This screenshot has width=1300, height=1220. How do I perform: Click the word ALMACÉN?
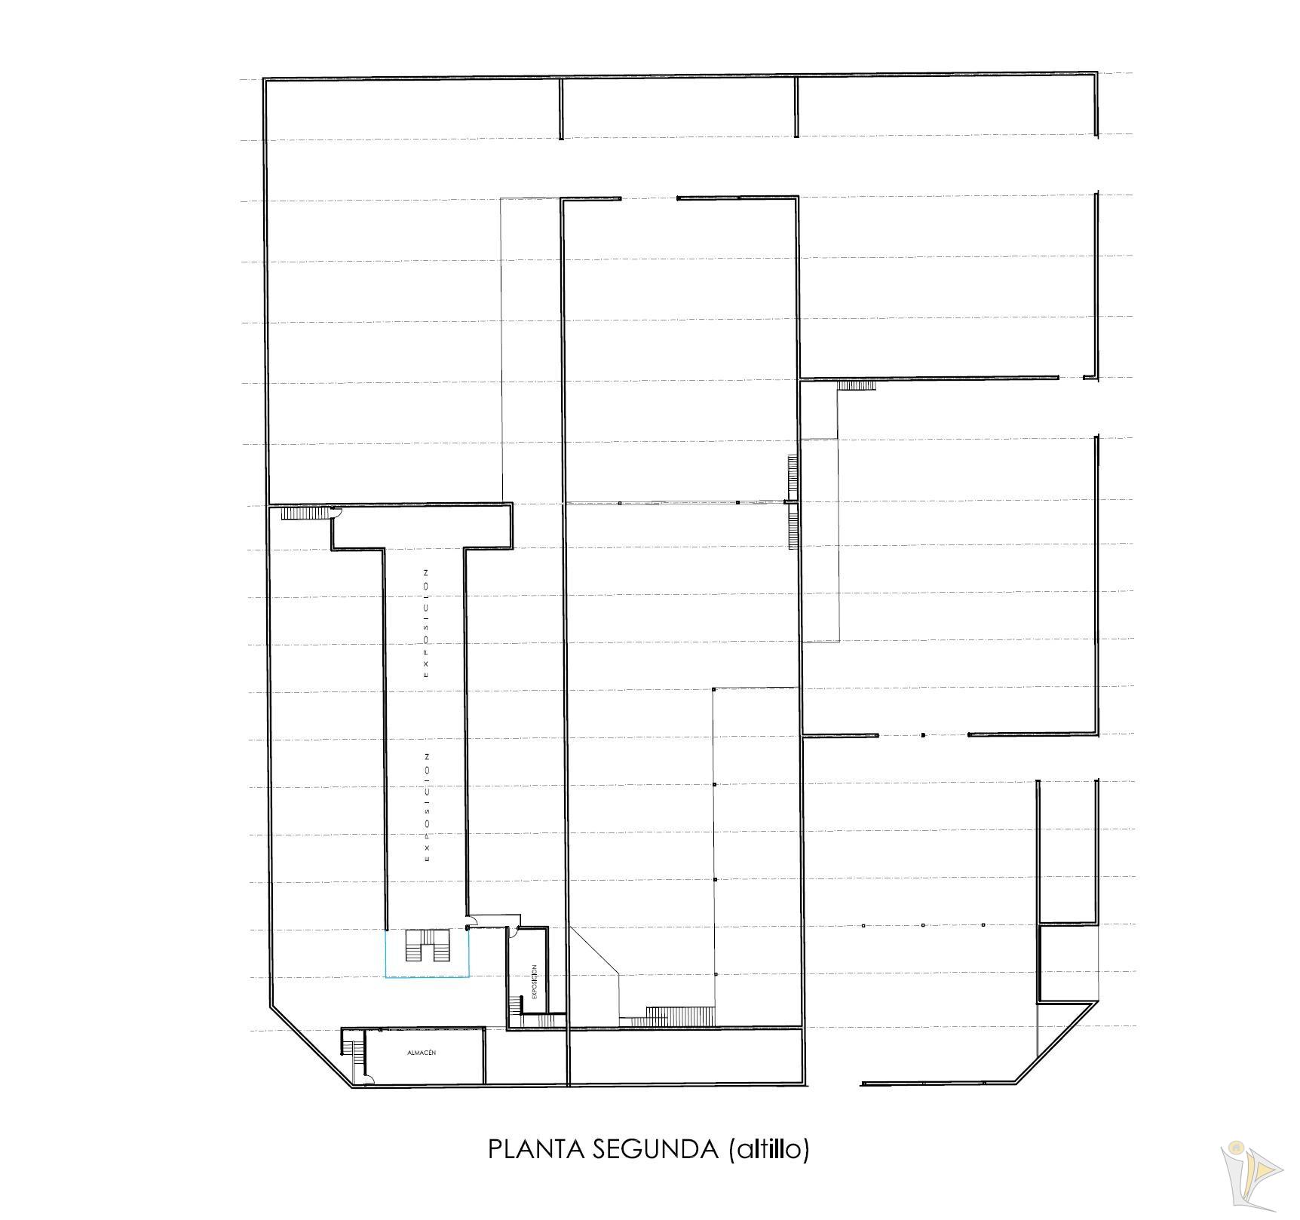422,1053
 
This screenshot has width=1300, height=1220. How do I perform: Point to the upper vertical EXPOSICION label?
426,623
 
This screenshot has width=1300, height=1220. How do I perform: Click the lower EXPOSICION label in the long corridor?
427,806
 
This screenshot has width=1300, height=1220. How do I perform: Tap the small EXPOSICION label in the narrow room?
534,982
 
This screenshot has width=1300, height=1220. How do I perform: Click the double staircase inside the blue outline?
428,946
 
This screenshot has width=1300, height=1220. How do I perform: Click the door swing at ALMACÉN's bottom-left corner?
367,1080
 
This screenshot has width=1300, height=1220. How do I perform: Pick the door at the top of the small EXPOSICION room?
513,932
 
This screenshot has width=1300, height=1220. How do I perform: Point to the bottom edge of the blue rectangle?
428,977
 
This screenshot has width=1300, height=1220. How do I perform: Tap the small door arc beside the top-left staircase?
336,512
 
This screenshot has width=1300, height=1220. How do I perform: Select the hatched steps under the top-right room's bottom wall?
857,385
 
